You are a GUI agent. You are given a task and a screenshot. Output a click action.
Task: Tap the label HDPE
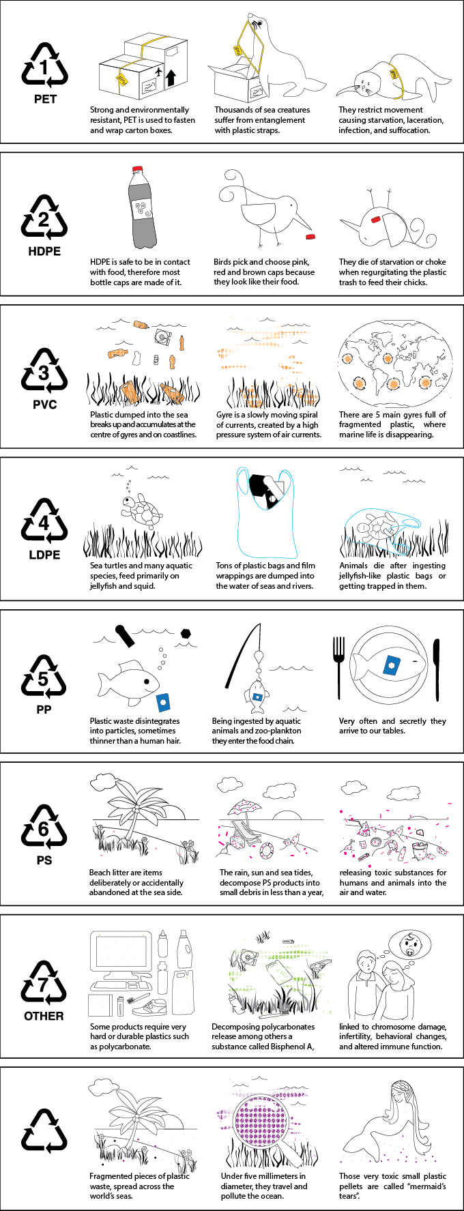[x=45, y=251]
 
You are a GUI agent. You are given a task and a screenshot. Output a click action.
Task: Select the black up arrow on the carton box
[x=171, y=76]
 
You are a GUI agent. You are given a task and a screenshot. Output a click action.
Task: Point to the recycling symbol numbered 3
[x=45, y=371]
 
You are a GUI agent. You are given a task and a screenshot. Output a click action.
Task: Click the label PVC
[x=45, y=405]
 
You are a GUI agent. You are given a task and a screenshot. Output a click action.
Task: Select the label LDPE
[x=45, y=555]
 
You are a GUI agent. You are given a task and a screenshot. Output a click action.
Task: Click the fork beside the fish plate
[x=339, y=667]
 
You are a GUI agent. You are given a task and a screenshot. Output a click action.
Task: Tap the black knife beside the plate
[x=437, y=669]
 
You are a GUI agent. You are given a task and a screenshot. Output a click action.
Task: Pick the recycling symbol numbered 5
[x=45, y=677]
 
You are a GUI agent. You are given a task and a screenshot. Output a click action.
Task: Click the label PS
[x=45, y=860]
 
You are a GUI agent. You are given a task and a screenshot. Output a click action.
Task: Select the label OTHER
[x=44, y=1016]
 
